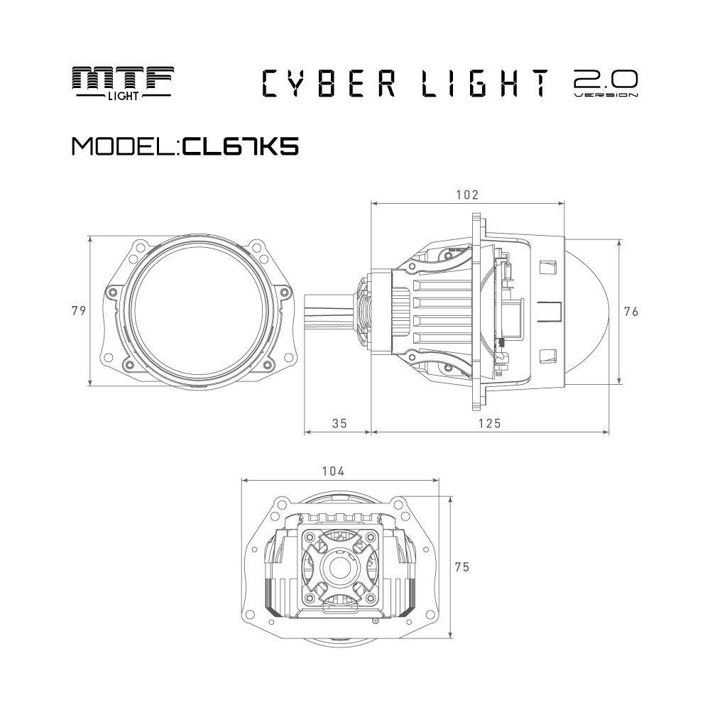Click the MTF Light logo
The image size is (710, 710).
123,83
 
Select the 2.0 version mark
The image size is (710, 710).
606,83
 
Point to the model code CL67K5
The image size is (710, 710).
241,146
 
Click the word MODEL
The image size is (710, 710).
124,146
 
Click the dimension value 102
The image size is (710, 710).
467,195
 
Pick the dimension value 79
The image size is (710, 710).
79,311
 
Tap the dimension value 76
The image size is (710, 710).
631,312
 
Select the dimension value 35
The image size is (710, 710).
339,423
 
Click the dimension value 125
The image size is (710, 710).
490,423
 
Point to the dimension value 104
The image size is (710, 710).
333,471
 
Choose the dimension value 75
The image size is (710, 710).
462,567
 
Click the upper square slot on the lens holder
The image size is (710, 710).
547,267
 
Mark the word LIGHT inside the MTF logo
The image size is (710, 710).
123,96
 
